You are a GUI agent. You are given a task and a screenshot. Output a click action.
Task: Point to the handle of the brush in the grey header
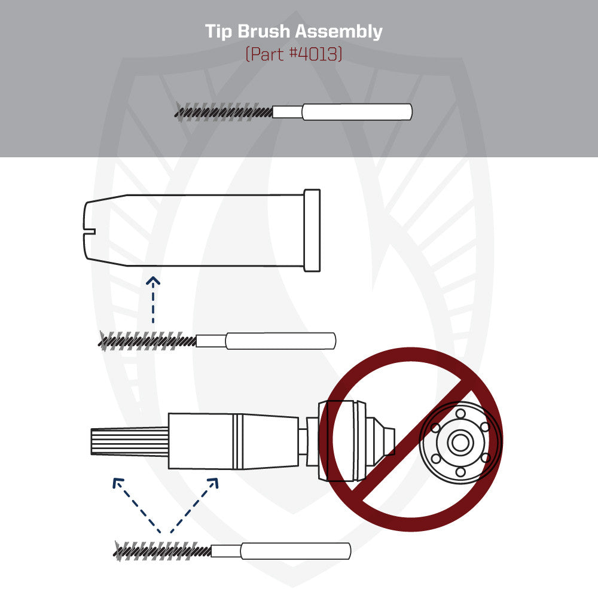pos(356,112)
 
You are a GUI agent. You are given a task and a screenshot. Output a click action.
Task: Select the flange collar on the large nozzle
pos(312,230)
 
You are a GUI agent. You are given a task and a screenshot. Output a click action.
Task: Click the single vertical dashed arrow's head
pos(154,281)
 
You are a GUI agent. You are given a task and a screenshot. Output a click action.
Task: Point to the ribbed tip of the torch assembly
pos(129,442)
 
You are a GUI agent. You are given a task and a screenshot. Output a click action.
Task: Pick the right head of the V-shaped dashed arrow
pos(213,482)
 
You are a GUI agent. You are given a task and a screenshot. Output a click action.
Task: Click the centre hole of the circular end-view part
pos(459,443)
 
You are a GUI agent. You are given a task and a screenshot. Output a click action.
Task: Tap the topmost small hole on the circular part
pos(459,413)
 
